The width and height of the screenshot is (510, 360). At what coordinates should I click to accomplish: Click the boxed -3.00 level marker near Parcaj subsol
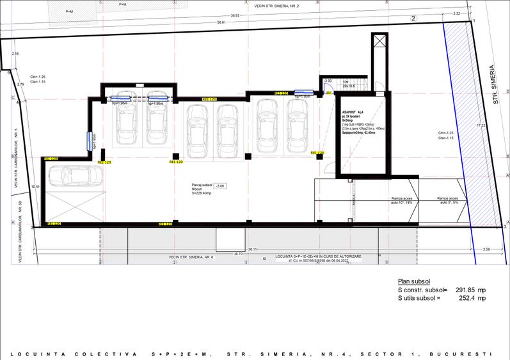coord(219,185)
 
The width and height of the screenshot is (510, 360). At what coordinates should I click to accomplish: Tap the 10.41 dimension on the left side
coord(36,187)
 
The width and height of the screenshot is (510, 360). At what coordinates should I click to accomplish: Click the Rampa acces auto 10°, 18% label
coord(403,201)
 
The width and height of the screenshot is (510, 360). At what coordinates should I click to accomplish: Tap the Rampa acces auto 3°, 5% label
coord(449,201)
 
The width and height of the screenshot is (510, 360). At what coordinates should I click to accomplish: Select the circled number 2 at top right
coord(413,19)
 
